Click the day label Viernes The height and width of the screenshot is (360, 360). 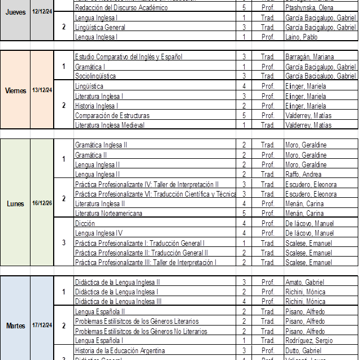click(15, 90)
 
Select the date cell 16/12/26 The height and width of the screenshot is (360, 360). click(42, 203)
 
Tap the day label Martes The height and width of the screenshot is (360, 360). click(15, 326)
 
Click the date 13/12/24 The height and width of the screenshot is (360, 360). click(42, 90)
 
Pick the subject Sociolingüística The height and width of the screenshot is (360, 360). click(96, 76)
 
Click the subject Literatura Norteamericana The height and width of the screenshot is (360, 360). click(109, 214)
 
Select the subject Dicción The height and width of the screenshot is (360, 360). click(85, 224)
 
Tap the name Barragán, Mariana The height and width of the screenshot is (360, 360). click(309, 57)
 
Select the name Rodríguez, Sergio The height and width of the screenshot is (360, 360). click(309, 341)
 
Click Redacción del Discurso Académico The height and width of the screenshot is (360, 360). click(122, 8)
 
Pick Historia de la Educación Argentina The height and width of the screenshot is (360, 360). click(120, 351)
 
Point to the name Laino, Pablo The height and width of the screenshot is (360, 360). click(301, 37)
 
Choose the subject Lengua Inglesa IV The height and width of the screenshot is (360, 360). click(99, 233)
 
